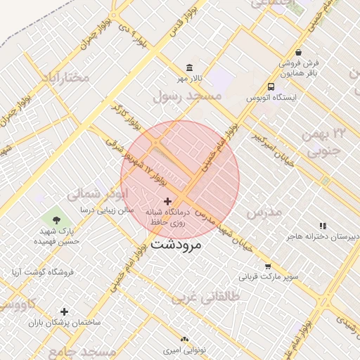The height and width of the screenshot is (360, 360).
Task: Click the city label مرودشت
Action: (176, 245)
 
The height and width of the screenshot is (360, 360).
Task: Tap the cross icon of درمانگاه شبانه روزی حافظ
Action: (167, 201)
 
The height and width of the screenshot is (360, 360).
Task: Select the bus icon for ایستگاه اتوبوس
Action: (271, 86)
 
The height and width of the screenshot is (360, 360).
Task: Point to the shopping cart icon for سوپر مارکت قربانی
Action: (268, 266)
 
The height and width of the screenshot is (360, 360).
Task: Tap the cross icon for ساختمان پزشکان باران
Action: (65, 311)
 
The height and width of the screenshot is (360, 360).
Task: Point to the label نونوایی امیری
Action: (184, 349)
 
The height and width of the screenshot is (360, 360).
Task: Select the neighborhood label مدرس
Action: (264, 211)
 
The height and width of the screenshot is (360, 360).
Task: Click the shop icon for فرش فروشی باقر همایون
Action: (299, 52)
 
